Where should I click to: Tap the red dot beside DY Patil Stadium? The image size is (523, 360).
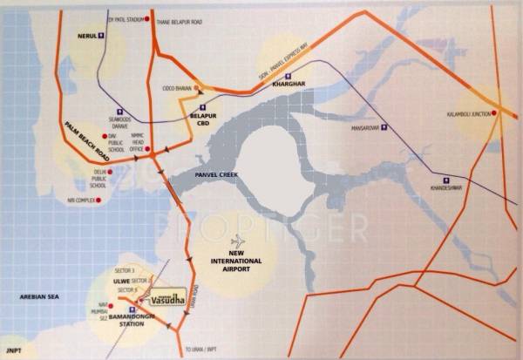click(x=147, y=18)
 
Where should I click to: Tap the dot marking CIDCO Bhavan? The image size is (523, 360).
click(x=198, y=87)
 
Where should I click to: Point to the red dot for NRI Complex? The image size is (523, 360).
click(x=98, y=200)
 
